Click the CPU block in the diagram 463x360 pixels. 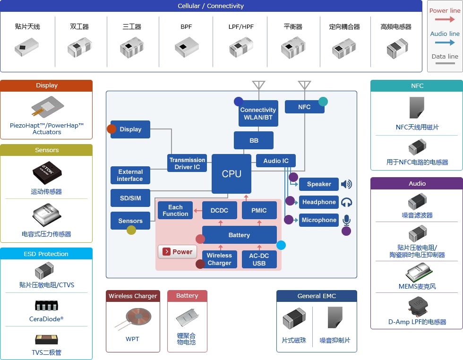click(x=231, y=174)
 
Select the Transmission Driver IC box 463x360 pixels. click(x=187, y=163)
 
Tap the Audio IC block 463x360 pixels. click(x=276, y=161)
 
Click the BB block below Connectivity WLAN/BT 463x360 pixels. click(x=254, y=140)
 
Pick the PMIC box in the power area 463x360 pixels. click(x=259, y=210)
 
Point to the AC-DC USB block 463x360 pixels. click(x=259, y=259)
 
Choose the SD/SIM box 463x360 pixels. click(x=130, y=198)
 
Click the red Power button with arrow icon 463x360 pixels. click(x=178, y=252)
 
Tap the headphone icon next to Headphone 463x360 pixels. click(x=347, y=202)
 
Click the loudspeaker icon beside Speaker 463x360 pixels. click(x=346, y=184)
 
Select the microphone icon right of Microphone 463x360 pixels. click(x=347, y=220)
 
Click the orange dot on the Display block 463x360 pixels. click(x=111, y=129)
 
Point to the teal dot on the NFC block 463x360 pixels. click(x=323, y=101)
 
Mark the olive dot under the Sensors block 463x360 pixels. click(x=131, y=230)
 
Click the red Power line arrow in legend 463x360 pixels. click(x=445, y=19)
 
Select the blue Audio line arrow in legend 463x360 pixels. click(x=445, y=43)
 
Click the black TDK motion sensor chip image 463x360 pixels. click(x=47, y=173)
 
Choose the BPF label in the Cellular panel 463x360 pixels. click(x=186, y=26)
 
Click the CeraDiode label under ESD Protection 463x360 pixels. click(x=46, y=319)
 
